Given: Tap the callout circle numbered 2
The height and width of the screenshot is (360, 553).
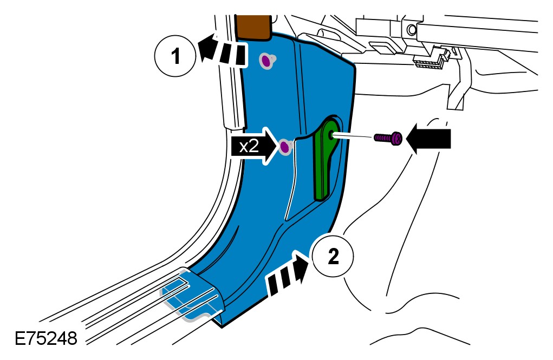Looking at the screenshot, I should coord(333,257).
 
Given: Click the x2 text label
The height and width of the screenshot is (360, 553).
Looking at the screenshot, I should coord(249,146).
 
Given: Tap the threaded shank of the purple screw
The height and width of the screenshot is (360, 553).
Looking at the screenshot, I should coord(382,139).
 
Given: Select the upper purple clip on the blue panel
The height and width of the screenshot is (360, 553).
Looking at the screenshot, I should coord(266,61).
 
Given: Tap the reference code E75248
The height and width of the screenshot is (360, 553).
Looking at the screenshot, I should coord(45,339).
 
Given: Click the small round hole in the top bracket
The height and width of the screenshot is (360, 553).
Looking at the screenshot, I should coord(412,29).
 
